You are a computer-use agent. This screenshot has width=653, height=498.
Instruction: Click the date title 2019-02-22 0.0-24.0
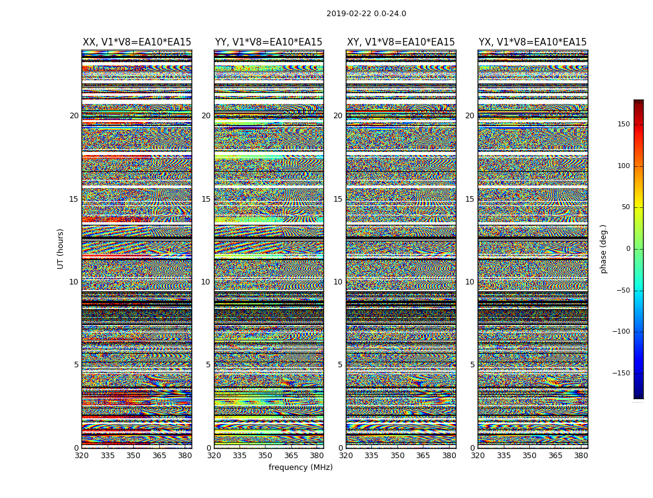click(366, 14)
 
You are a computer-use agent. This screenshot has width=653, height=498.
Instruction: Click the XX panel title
click(137, 42)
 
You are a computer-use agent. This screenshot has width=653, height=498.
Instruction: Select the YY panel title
click(269, 42)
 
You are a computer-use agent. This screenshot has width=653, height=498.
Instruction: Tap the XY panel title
click(401, 42)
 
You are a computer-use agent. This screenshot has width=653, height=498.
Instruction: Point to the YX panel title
click(532, 42)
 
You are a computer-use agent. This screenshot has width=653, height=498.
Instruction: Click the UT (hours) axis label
click(61, 248)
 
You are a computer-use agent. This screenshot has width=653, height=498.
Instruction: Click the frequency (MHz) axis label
click(300, 467)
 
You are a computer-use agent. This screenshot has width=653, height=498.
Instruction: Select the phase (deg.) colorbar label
click(603, 249)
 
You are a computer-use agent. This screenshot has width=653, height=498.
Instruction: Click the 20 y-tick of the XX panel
click(74, 116)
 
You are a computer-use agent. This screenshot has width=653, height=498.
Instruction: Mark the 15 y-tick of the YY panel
click(206, 199)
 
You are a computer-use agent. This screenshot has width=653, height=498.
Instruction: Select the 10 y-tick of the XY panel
click(338, 282)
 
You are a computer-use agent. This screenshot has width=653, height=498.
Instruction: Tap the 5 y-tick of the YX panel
click(472, 365)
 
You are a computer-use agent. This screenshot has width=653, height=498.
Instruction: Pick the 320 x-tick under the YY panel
click(214, 456)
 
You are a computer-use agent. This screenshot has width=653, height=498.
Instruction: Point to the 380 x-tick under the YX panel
click(581, 456)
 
